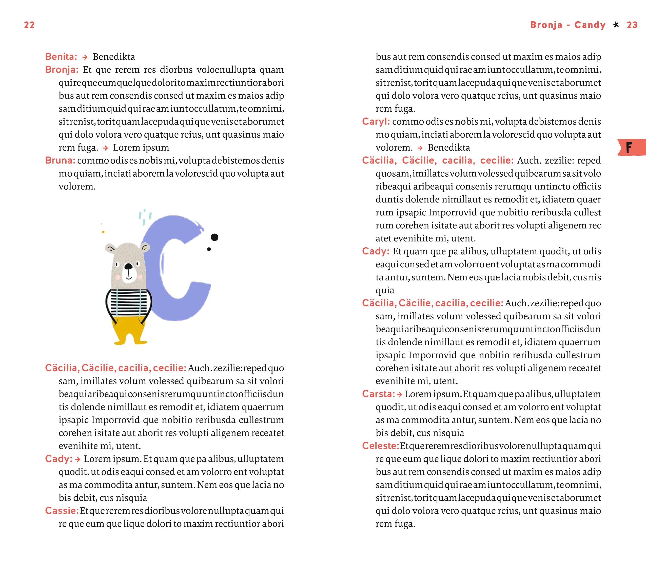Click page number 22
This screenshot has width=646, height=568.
[29, 25]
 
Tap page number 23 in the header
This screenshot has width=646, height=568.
[632, 25]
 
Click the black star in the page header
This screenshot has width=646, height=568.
[616, 25]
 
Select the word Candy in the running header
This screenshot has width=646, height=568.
[590, 25]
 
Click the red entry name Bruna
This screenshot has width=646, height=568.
[60, 160]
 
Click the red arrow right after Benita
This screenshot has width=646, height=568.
[85, 57]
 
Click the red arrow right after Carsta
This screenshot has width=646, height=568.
[400, 394]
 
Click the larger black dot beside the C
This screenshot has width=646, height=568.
[214, 237]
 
